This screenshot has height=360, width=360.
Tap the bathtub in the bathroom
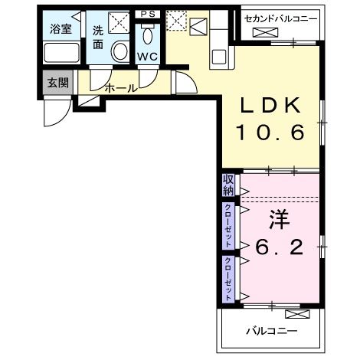pos(59,54)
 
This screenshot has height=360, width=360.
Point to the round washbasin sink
pos(120,51)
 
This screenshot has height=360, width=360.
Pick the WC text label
pos(147,57)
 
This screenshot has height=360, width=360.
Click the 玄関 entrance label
pos(57,83)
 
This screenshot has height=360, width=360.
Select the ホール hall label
pos(120,88)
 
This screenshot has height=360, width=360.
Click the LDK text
pos(270,106)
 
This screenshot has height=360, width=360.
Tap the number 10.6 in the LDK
pos(270,133)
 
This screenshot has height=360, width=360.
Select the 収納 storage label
pos(228,185)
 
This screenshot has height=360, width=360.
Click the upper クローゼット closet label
pos(228,223)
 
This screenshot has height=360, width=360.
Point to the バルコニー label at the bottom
pos(271,331)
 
